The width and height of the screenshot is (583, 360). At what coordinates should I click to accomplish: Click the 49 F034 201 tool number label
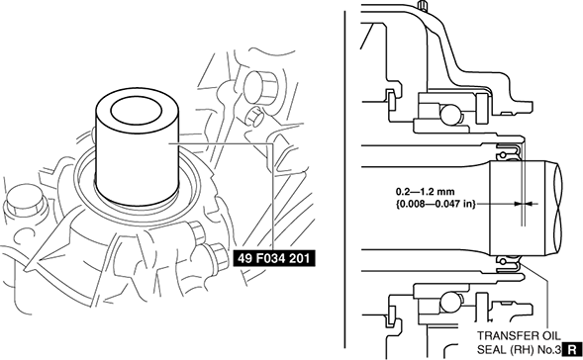(274, 258)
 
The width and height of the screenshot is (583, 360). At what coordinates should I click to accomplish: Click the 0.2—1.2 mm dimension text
(425, 192)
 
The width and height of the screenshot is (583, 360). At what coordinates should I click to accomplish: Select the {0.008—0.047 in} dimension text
(435, 204)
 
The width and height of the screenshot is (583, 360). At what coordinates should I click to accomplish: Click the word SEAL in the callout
(490, 349)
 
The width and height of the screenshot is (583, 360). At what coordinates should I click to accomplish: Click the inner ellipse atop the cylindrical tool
(137, 111)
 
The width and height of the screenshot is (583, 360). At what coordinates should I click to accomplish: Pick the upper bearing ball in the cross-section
(449, 114)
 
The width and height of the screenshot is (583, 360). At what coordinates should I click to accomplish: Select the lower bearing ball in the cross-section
(449, 302)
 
